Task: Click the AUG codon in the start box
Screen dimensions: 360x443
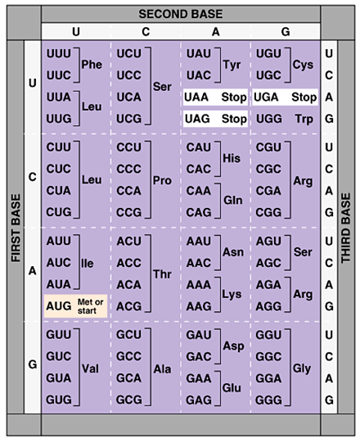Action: [59, 306]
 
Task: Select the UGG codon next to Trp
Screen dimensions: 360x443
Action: [269, 119]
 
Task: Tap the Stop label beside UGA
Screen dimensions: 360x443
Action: [304, 97]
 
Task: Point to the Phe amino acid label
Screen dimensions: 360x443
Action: [92, 65]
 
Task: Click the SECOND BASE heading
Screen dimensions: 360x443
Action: [181, 14]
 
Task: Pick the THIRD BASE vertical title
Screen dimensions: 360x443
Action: [346, 228]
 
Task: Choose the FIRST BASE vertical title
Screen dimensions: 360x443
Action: [16, 228]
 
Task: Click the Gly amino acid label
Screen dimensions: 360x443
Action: [302, 368]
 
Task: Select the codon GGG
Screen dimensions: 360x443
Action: [268, 400]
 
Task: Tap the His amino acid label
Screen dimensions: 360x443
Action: [232, 158]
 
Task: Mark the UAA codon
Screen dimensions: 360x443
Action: [196, 97]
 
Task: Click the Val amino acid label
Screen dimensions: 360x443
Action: [90, 368]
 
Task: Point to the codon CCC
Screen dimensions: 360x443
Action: [128, 169]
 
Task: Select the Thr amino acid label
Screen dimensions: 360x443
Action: [162, 274]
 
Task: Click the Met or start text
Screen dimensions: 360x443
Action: [90, 306]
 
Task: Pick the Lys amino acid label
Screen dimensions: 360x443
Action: [232, 295]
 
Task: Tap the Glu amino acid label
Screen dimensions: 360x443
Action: [232, 388]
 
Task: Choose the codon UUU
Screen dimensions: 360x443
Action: [59, 54]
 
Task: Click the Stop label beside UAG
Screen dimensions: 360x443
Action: [234, 119]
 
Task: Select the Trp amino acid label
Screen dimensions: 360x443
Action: [304, 119]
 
